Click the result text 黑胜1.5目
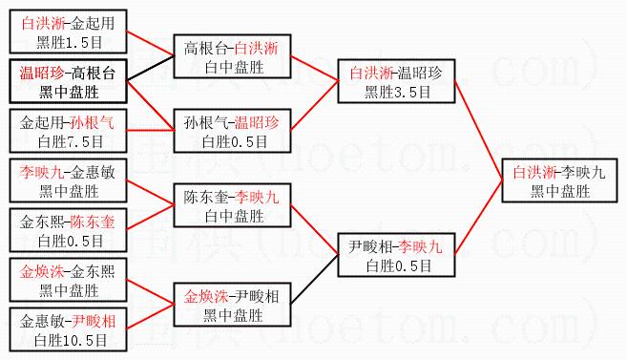coord(70,42)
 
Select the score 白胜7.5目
coord(71,141)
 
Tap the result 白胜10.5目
coord(71,340)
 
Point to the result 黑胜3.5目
coord(397,92)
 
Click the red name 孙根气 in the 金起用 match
coord(93,122)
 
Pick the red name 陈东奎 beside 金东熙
coord(93,222)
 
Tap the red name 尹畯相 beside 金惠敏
coord(94,321)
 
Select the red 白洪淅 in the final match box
coord(534,173)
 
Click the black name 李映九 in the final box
coord(583,173)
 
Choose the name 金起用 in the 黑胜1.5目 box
coord(93,23)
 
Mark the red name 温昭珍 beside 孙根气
coord(257,122)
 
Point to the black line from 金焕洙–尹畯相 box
coord(315,279)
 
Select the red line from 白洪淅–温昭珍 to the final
coord(479,131)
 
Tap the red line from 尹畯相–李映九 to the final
coord(479,218)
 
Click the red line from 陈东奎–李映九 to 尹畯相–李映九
coord(315,229)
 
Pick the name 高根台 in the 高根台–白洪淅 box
coord(205,48)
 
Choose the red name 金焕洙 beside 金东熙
coord(42,271)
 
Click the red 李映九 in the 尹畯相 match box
coord(420,246)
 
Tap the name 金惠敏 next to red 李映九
coord(93,173)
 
